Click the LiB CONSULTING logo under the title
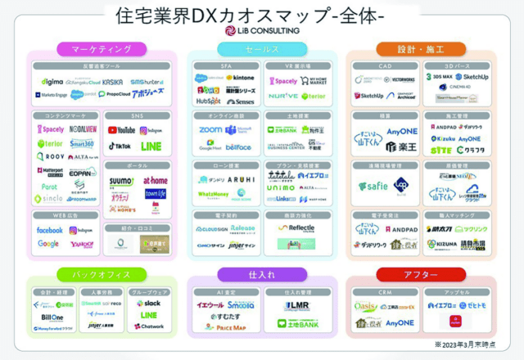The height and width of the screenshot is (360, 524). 262,30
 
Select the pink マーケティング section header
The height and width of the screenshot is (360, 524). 102,49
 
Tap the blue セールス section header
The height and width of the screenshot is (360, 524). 262,49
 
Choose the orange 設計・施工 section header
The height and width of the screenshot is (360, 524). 421,49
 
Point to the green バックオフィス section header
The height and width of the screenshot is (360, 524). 102,275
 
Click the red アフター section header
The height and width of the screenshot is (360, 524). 421,275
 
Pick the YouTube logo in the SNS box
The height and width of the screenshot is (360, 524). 121,130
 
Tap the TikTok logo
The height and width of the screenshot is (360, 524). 120,146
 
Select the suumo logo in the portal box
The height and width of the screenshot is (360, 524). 122,180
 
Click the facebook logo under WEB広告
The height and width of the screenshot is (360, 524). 49,231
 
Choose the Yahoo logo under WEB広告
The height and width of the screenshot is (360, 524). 81,244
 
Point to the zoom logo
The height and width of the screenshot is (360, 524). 210,130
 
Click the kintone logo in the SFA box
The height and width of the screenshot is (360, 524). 240,78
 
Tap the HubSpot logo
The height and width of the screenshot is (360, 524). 208,101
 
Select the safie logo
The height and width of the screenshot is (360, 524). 373,187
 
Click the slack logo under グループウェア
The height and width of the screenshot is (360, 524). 148,303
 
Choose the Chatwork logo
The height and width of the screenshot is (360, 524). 149,326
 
